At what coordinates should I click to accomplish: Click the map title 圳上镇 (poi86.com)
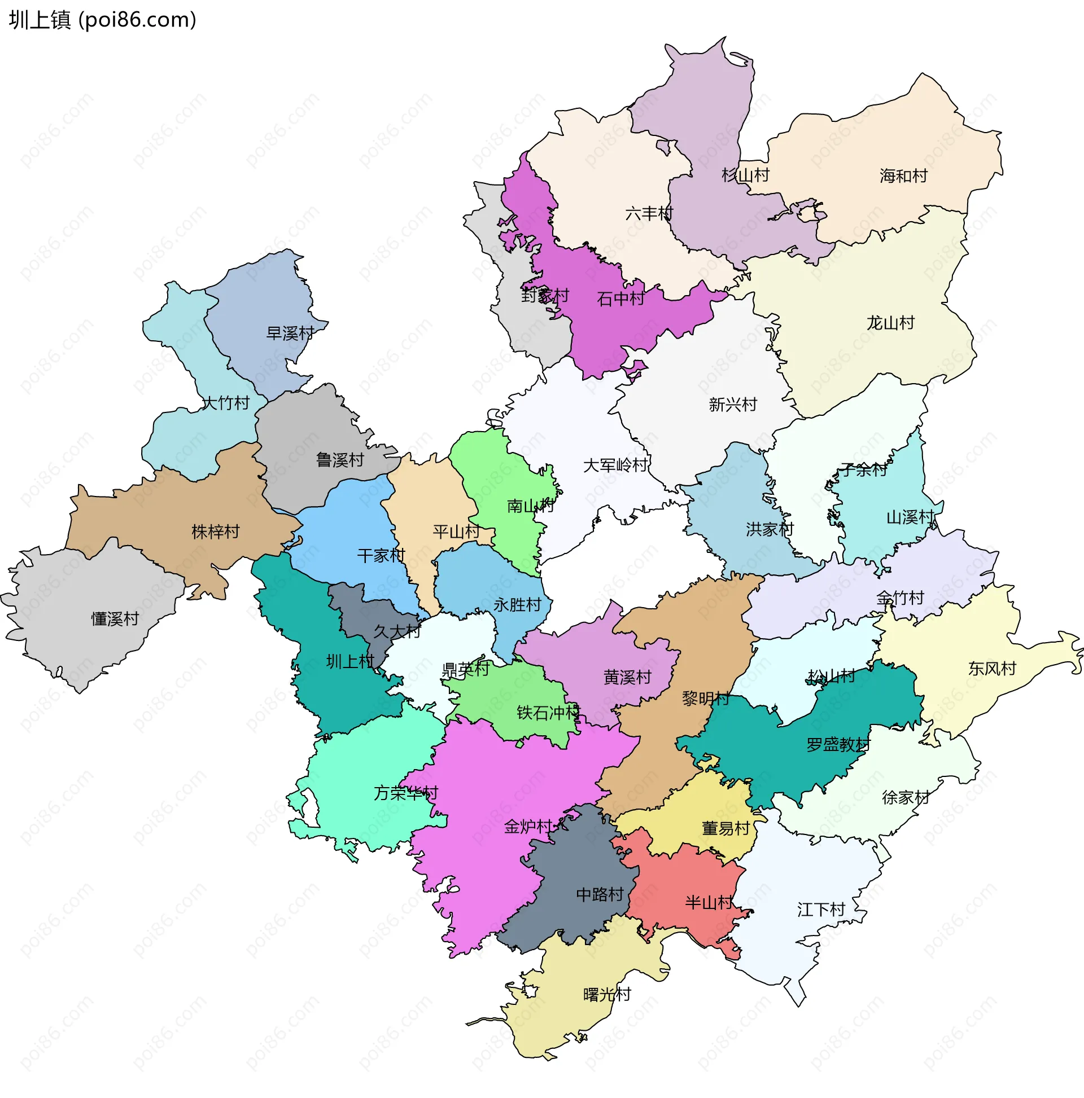coord(102,20)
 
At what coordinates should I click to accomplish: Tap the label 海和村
coord(903,176)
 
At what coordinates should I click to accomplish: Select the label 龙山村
coord(890,323)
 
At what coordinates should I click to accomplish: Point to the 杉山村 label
coord(745,175)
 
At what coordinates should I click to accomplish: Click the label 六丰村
coord(649,214)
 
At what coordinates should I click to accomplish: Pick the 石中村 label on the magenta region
coord(620,299)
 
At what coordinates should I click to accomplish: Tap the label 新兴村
coord(732,405)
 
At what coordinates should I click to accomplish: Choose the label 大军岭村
coord(615,465)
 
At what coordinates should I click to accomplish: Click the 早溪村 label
coord(290,333)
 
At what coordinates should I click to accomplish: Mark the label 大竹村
coord(226,403)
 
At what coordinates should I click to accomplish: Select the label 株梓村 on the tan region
coord(216,533)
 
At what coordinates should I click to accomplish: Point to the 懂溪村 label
coord(115,620)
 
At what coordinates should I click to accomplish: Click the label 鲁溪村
coord(339,460)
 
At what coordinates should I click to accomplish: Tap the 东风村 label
coord(992,669)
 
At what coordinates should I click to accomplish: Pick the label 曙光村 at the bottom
coord(607,995)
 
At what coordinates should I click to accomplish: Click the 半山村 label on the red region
coord(709,903)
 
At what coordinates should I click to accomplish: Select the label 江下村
coord(821,910)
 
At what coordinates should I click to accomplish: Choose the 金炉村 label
coord(528,827)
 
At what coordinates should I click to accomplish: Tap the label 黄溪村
coord(627,678)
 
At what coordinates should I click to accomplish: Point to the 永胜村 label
coord(517,605)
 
